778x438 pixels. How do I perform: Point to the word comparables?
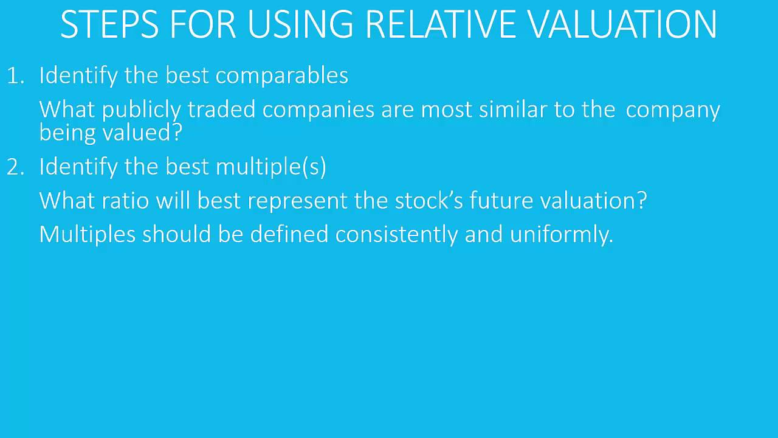(281, 75)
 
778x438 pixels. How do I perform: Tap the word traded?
(221, 110)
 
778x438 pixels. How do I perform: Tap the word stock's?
(429, 201)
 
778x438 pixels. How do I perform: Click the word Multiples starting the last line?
(87, 235)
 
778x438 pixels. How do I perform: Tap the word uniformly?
(561, 235)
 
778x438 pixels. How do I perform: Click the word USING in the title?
(300, 24)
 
